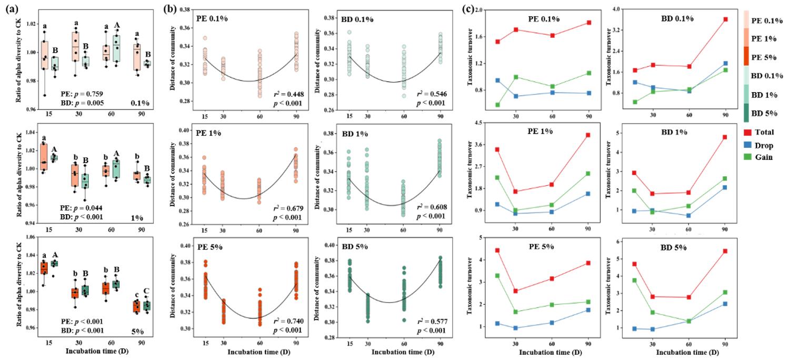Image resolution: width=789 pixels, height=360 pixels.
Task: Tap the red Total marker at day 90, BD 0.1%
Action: tap(725, 19)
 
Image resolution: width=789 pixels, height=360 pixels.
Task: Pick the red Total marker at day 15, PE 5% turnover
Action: tap(497, 251)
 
